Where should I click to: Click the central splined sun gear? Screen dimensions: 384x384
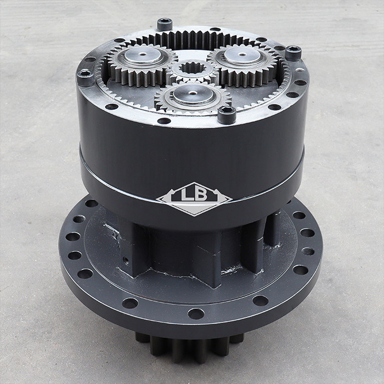click(x=193, y=70)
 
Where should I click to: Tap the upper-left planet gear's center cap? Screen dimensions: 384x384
click(x=143, y=55)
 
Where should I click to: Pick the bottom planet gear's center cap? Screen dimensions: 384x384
click(x=194, y=94)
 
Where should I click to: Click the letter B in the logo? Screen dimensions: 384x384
click(x=201, y=195)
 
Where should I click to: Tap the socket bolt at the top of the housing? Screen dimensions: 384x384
click(x=165, y=24)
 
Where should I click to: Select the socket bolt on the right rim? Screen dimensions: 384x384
click(x=293, y=53)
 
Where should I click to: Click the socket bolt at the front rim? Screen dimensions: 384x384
click(x=227, y=115)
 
